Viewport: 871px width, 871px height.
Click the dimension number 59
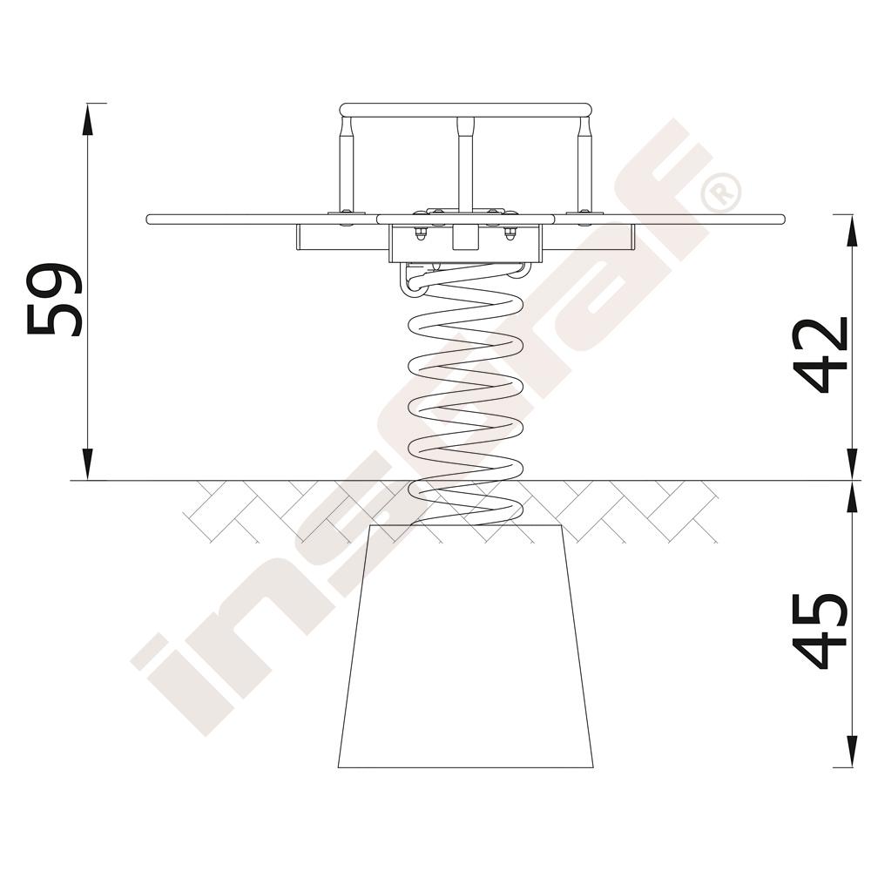pyautogui.click(x=54, y=300)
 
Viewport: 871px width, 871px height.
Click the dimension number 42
pyautogui.click(x=820, y=355)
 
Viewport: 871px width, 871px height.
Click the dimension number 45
pyautogui.click(x=820, y=631)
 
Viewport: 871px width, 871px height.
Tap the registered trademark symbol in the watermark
pyautogui.click(x=720, y=192)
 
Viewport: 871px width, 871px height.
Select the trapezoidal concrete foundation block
pyautogui.click(x=465, y=646)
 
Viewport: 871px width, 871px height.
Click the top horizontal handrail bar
pyautogui.click(x=465, y=110)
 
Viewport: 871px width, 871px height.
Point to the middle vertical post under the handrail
pyautogui.click(x=465, y=164)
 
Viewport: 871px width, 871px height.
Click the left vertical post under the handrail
pyautogui.click(x=346, y=165)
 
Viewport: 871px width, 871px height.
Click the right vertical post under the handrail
pyautogui.click(x=584, y=165)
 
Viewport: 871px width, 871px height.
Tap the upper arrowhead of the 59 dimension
pyautogui.click(x=86, y=118)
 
